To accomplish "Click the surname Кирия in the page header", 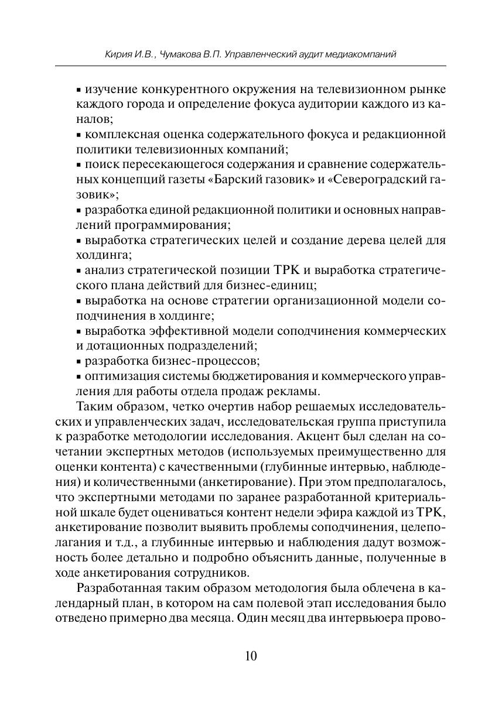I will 117,54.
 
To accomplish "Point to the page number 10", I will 251,656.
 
